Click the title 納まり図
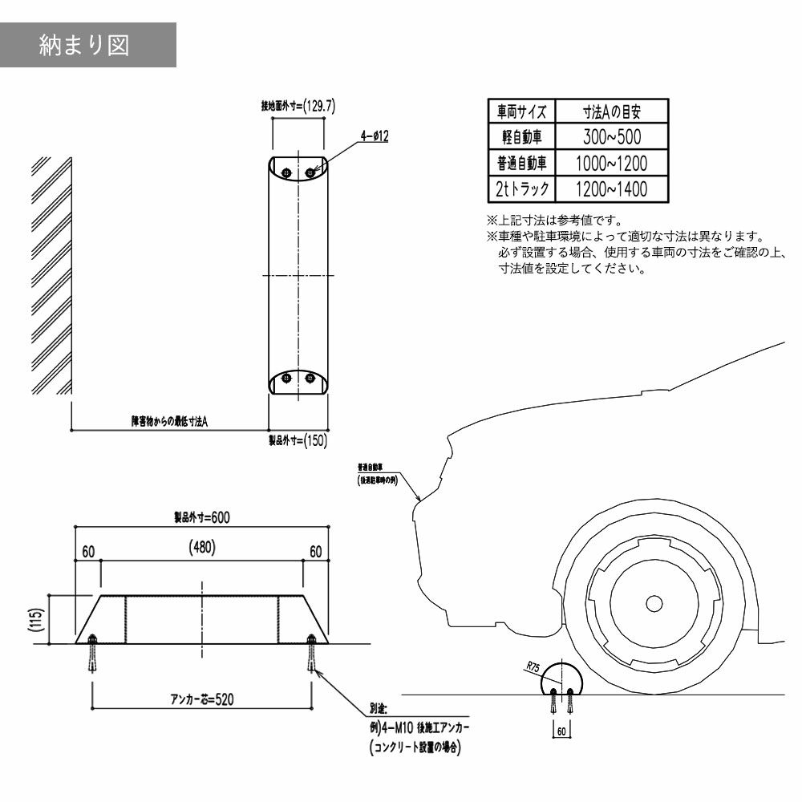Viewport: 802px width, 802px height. click(83, 45)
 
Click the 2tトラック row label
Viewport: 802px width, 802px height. click(522, 190)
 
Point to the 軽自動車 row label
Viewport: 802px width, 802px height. click(522, 137)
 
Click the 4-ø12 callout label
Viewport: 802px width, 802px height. click(375, 137)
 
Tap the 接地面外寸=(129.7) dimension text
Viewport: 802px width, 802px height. click(298, 105)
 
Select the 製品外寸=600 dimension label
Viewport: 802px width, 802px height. click(201, 517)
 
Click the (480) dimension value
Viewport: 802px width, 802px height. click(201, 549)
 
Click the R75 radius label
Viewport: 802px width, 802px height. click(535, 666)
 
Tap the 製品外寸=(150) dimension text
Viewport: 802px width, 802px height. click(298, 439)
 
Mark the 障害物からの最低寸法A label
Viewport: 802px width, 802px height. click(169, 421)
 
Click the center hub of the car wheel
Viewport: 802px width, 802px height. click(654, 602)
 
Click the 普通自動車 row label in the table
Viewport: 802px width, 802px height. click(522, 164)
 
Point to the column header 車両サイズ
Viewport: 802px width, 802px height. click(522, 111)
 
